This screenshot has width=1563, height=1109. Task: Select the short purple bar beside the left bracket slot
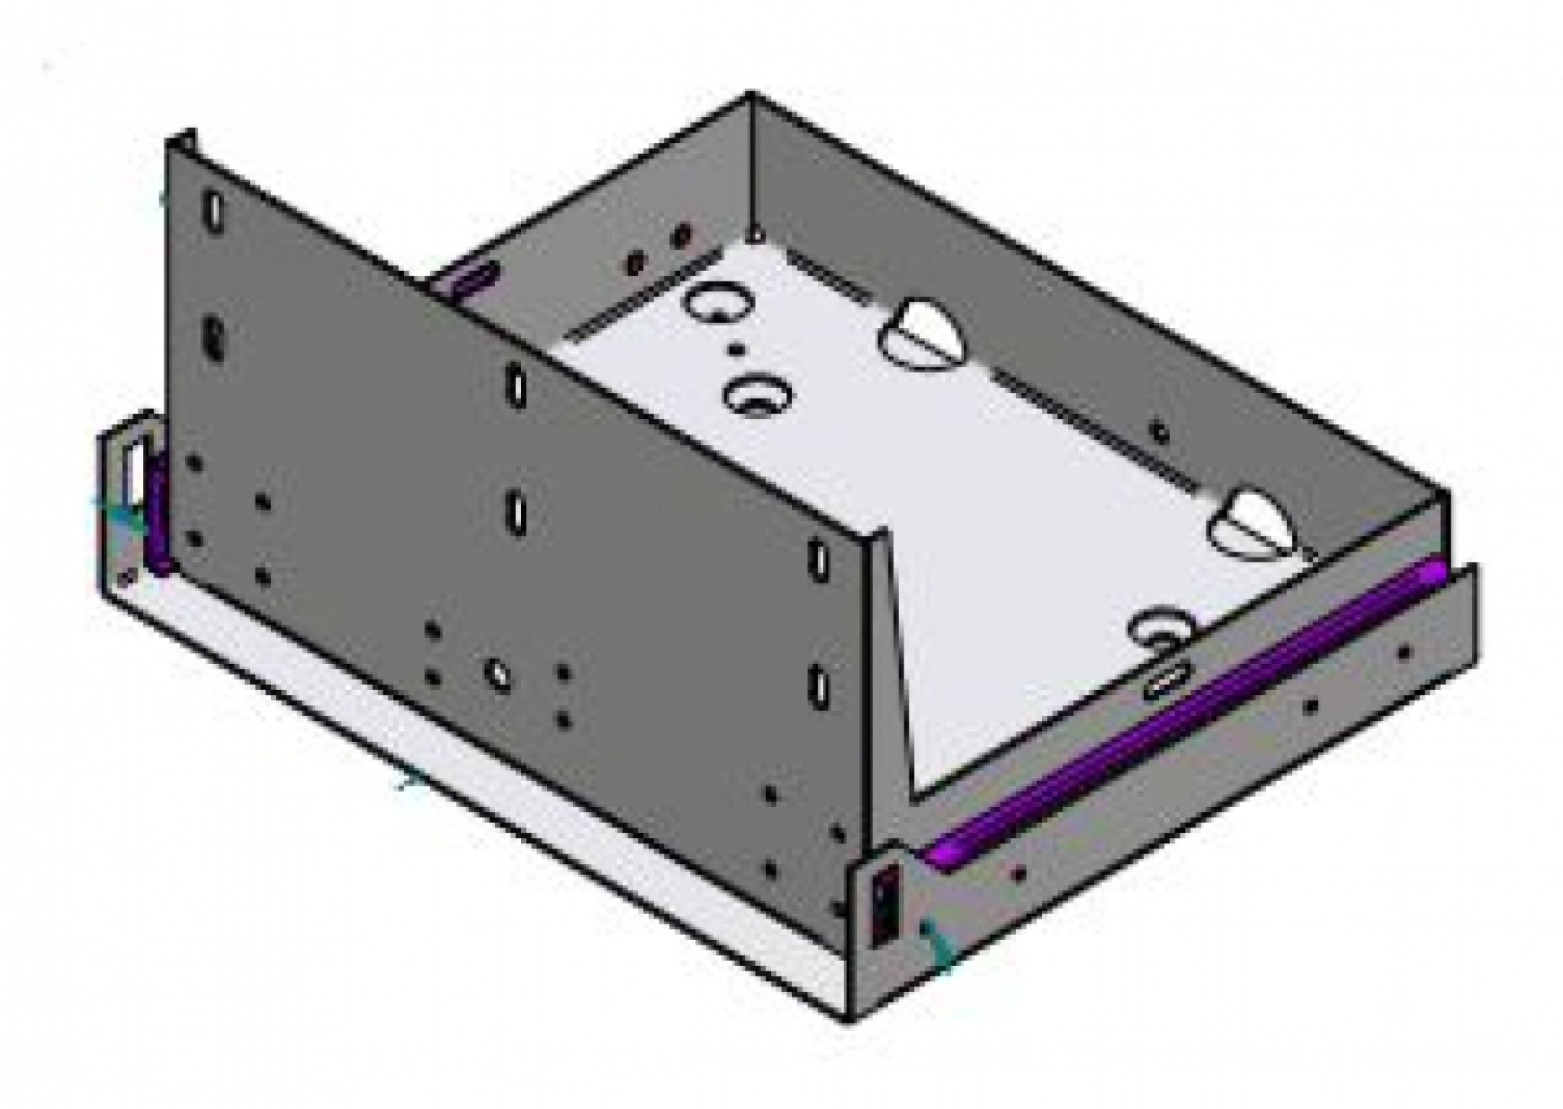(157, 513)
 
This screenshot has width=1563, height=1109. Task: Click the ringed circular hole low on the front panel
(496, 672)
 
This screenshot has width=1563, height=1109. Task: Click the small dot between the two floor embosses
(737, 350)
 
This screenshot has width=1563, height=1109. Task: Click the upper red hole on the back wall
(682, 236)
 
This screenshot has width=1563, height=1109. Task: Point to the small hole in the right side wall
(1159, 432)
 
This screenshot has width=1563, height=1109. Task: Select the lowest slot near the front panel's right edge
(817, 685)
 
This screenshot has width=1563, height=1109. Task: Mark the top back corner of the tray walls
(750, 94)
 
